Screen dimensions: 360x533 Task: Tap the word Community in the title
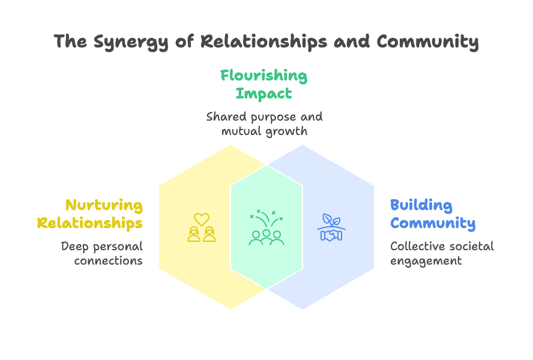(427, 42)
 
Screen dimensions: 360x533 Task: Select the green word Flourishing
(263, 76)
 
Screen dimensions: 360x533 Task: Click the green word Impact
(263, 94)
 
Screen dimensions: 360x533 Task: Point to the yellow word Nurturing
(104, 205)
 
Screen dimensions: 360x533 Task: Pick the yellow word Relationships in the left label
(90, 223)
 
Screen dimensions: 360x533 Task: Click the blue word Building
(421, 205)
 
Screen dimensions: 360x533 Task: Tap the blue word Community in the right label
(433, 223)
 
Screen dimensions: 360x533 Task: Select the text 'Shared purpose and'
(264, 116)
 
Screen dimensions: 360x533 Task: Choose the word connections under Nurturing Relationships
(108, 261)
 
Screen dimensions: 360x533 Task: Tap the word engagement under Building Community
(426, 261)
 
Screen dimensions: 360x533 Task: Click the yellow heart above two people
(202, 219)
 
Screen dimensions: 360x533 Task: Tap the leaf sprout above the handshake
(331, 220)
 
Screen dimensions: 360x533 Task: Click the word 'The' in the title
(68, 42)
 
